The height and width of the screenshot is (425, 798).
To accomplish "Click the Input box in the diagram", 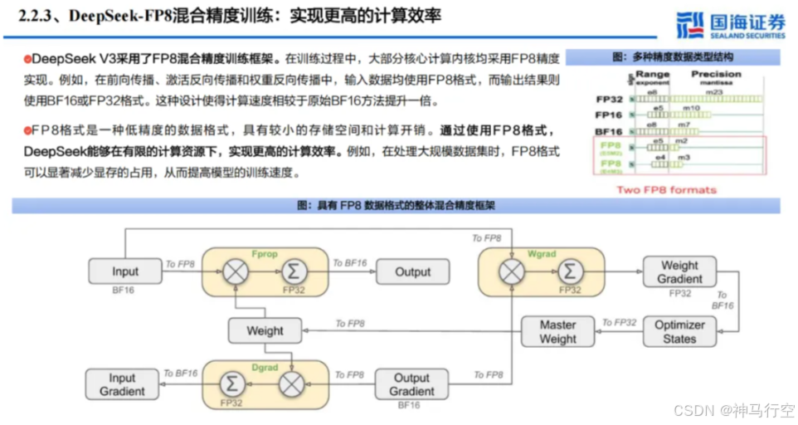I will (x=125, y=271).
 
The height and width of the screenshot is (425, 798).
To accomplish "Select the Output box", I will (x=412, y=271).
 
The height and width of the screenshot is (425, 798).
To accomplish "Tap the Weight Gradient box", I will (x=679, y=271).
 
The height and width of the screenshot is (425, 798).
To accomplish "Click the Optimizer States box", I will (x=679, y=332).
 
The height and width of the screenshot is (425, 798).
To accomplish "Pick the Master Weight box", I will (x=557, y=332).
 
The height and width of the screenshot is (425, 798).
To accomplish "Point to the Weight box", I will (x=265, y=331).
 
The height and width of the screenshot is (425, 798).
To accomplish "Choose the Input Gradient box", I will (x=123, y=384).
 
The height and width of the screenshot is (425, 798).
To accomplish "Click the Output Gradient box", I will (x=411, y=384).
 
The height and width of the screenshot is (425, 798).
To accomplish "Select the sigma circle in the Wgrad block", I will (x=569, y=271).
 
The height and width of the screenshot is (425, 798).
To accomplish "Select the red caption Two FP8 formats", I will (x=666, y=189).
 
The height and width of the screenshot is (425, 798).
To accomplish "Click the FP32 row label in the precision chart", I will (x=610, y=99).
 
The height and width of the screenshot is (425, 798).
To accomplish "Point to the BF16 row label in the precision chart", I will (x=610, y=131).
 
